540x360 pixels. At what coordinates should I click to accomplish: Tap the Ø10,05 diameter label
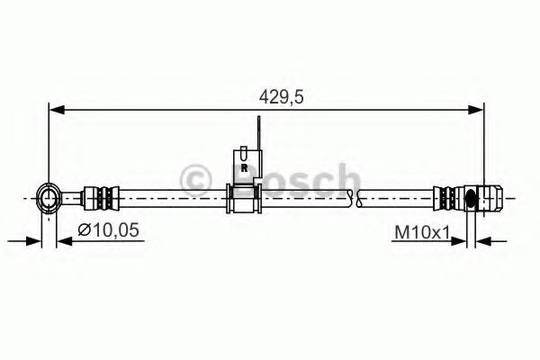(108, 230)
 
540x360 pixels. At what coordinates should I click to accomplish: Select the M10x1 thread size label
(422, 233)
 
